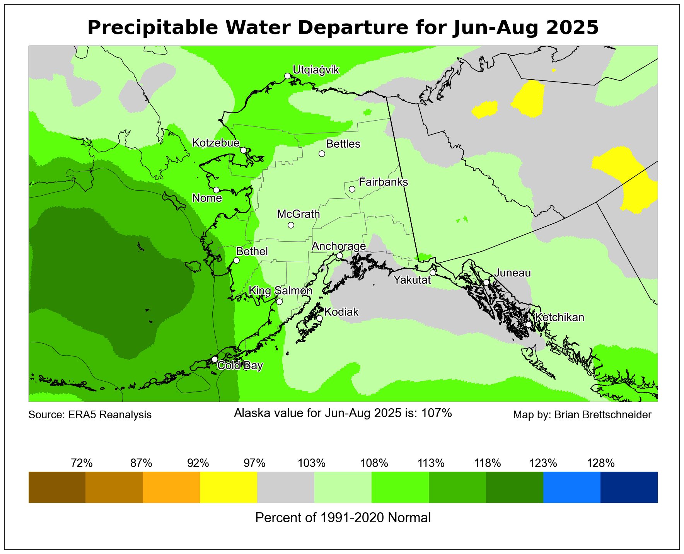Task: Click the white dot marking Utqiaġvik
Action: pyautogui.click(x=287, y=76)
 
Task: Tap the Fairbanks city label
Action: pyautogui.click(x=383, y=182)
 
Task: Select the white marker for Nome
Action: pyautogui.click(x=217, y=190)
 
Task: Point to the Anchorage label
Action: pyautogui.click(x=338, y=246)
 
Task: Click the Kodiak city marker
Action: pyautogui.click(x=319, y=319)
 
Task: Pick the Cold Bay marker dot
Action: pyautogui.click(x=215, y=359)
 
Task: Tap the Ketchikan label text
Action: pyautogui.click(x=559, y=317)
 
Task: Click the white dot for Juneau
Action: pyautogui.click(x=486, y=282)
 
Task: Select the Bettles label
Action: pyautogui.click(x=343, y=144)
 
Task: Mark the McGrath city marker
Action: pyautogui.click(x=291, y=225)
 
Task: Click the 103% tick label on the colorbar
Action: pyautogui.click(x=311, y=463)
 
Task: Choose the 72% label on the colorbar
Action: pyautogui.click(x=82, y=463)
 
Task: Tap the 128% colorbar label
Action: pyautogui.click(x=600, y=463)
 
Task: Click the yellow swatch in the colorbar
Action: pyautogui.click(x=229, y=487)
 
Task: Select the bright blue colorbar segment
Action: pyautogui.click(x=572, y=487)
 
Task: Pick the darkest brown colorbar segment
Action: pyautogui.click(x=57, y=487)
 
